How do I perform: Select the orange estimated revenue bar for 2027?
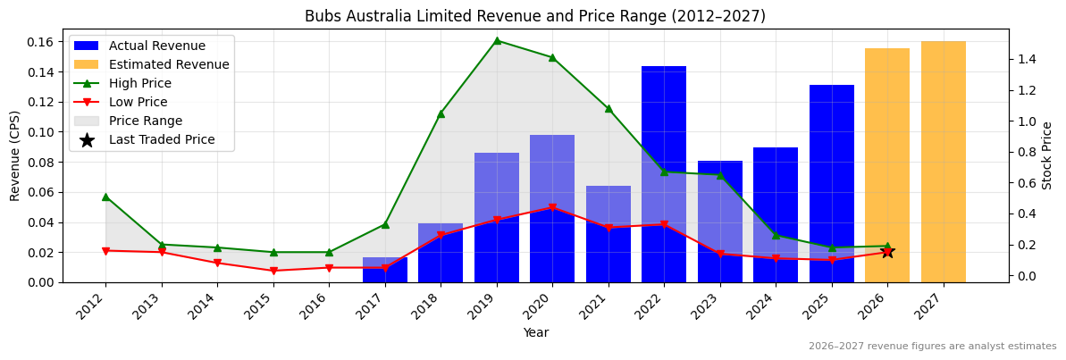[x=943, y=162]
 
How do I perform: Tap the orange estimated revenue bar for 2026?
[x=887, y=165]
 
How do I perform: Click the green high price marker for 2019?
[x=497, y=40]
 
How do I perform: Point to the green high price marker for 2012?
[x=105, y=197]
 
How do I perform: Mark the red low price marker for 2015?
[x=273, y=271]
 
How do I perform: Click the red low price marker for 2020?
[x=552, y=207]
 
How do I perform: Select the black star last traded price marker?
[x=887, y=252]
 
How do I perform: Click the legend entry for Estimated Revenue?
[x=169, y=64]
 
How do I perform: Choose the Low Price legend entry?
[x=138, y=102]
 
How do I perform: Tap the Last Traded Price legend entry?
[x=162, y=139]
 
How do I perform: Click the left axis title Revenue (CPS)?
[x=15, y=155]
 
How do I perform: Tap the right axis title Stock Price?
[x=1047, y=155]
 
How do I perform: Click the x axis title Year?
[x=535, y=333]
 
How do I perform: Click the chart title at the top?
[x=534, y=16]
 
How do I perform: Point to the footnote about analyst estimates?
[x=932, y=347]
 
